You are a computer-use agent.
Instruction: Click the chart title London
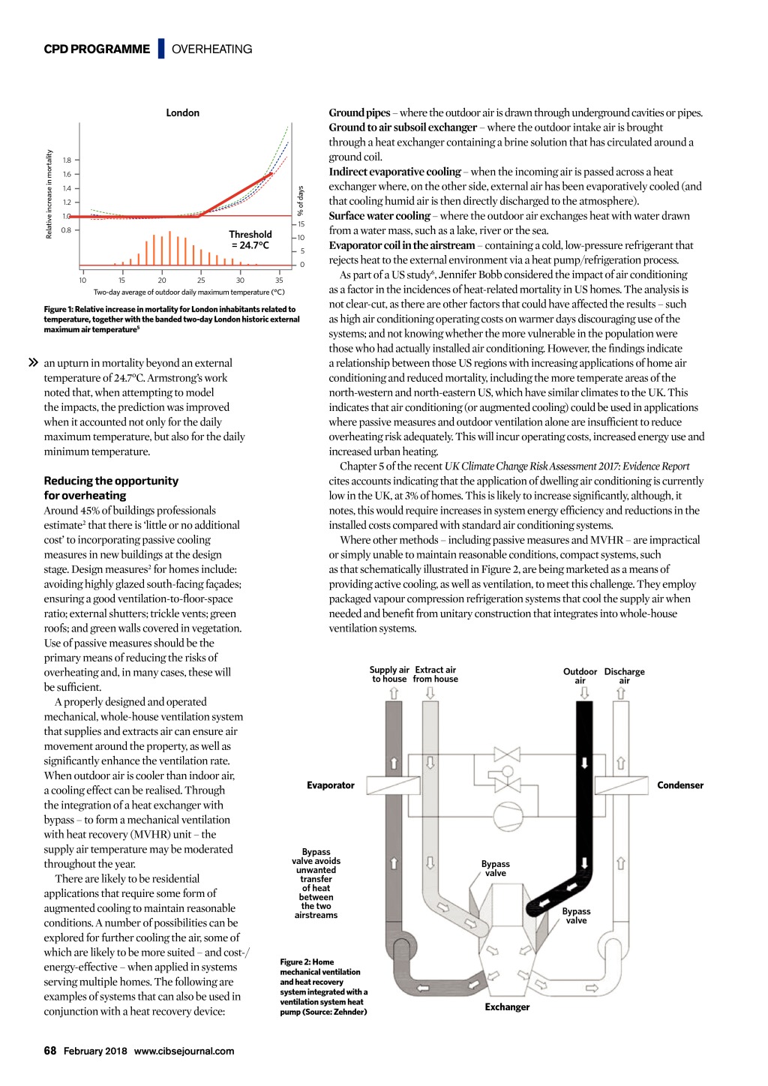[x=182, y=112]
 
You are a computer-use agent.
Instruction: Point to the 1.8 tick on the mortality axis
[x=67, y=160]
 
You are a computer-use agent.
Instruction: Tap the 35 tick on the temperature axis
[x=279, y=280]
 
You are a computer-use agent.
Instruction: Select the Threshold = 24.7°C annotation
[x=250, y=240]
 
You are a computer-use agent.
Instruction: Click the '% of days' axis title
[x=301, y=201]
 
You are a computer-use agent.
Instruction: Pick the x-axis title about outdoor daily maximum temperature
[x=189, y=292]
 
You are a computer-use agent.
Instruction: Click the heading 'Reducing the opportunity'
[x=111, y=481]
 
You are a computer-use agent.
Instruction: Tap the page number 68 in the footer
[x=50, y=1051]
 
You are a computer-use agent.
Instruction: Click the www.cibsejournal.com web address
[x=184, y=1051]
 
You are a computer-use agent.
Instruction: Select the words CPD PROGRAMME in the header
[x=97, y=49]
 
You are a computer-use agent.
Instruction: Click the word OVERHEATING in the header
[x=211, y=49]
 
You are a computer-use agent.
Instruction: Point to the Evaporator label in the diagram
[x=330, y=785]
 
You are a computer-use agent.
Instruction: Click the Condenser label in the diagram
[x=680, y=785]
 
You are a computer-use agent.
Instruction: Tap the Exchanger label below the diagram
[x=507, y=1007]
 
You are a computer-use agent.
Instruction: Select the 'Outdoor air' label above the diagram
[x=580, y=676]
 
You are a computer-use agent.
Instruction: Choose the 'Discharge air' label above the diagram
[x=624, y=676]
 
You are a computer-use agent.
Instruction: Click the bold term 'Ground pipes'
[x=359, y=113]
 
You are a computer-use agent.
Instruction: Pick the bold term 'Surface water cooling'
[x=379, y=216]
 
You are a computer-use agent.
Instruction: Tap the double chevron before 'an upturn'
[x=33, y=363]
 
